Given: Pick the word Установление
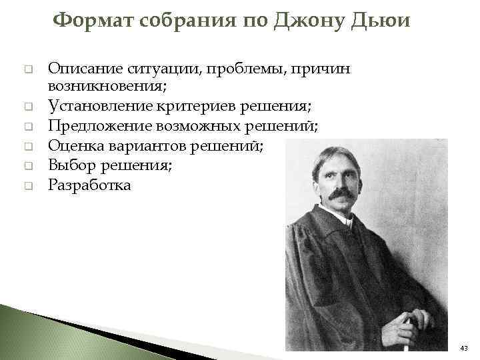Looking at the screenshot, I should pyautogui.click(x=94, y=107).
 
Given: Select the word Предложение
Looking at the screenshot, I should pyautogui.click(x=94, y=126).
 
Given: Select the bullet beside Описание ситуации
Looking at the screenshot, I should pyautogui.click(x=29, y=69).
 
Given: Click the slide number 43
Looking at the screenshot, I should pyautogui.click(x=464, y=348).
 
